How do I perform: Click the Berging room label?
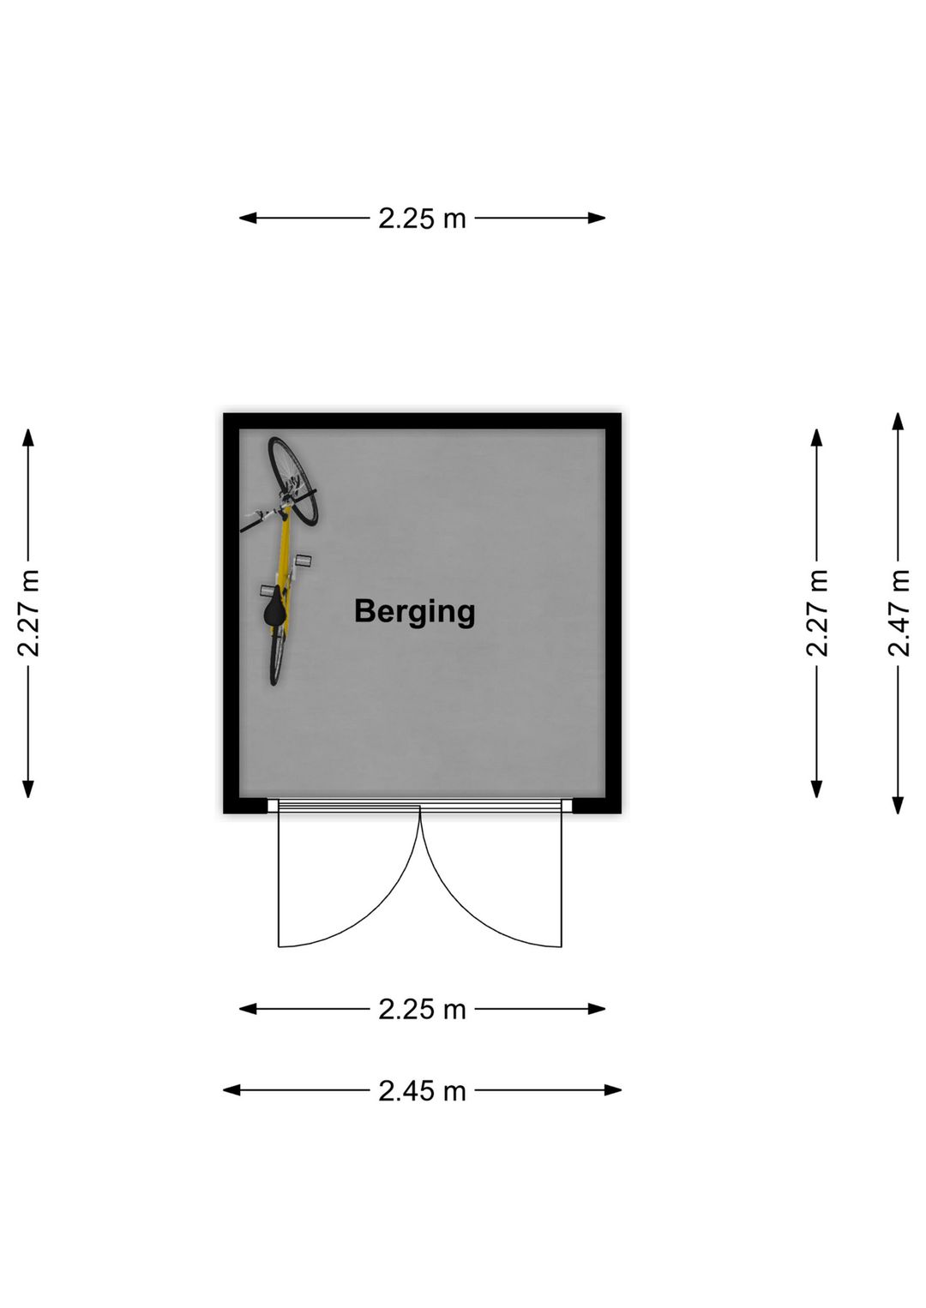coord(415,613)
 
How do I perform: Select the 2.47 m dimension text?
coord(899,613)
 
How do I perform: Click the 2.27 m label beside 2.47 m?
coord(817,613)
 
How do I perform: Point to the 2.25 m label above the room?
coord(423,219)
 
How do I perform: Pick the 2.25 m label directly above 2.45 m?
coord(423,1009)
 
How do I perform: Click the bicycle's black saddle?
coord(274,611)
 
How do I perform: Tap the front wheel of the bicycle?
coord(292,480)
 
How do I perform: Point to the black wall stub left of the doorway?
coord(245,805)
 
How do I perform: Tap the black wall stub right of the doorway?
coord(597,805)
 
